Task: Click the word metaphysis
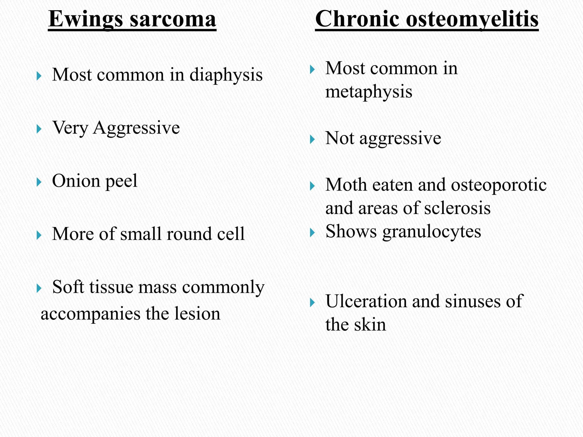(369, 92)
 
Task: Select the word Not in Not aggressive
(340, 138)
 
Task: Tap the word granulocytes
(432, 232)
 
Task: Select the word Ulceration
(366, 301)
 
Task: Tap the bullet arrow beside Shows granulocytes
(312, 233)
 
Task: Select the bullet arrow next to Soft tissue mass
(39, 288)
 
